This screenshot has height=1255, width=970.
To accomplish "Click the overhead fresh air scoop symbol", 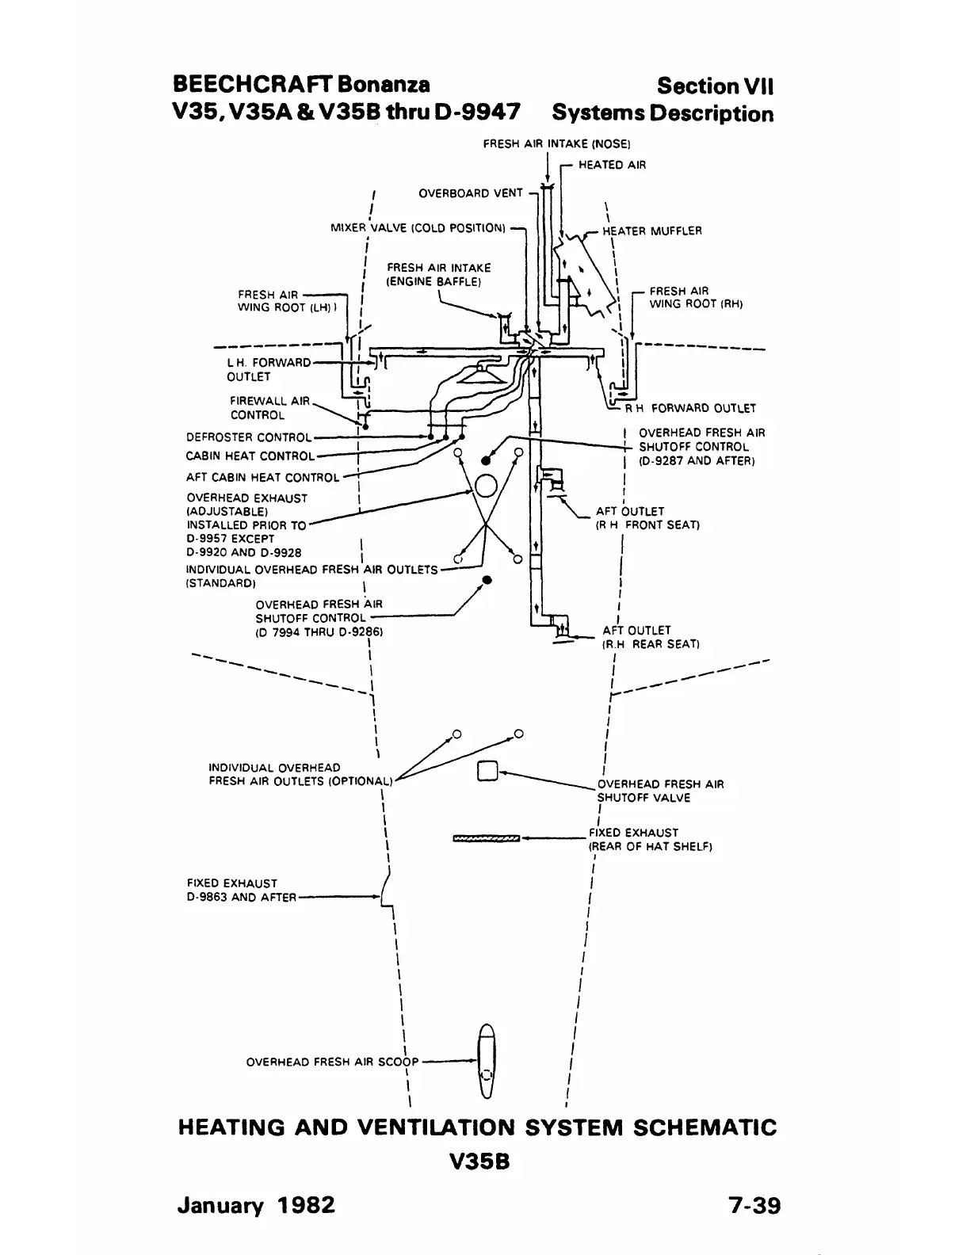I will pyautogui.click(x=487, y=1061).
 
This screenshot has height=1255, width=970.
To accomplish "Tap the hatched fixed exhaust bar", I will pyautogui.click(x=486, y=837).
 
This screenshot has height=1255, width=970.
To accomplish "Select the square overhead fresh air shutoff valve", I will pyautogui.click(x=487, y=771).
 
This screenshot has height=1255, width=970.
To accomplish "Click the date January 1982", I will pyautogui.click(x=256, y=1205).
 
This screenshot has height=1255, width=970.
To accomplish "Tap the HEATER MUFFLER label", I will pyautogui.click(x=651, y=231).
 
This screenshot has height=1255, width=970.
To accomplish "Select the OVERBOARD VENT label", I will pyautogui.click(x=470, y=193).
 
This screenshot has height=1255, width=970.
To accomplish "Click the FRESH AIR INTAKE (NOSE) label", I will pyautogui.click(x=556, y=144).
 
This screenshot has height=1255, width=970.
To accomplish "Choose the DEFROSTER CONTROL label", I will pyautogui.click(x=248, y=437).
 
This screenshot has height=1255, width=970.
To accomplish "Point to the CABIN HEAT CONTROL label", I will pyautogui.click(x=250, y=456).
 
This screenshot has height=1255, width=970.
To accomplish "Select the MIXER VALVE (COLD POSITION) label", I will pyautogui.click(x=418, y=228).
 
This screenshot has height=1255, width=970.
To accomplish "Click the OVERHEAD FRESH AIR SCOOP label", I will pyautogui.click(x=332, y=1062).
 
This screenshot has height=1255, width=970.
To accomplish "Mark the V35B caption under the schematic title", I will pyautogui.click(x=478, y=1162).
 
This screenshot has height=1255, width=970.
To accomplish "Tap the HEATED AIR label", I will pyautogui.click(x=612, y=165).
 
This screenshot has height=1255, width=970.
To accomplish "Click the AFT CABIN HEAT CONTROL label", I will pyautogui.click(x=262, y=477).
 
